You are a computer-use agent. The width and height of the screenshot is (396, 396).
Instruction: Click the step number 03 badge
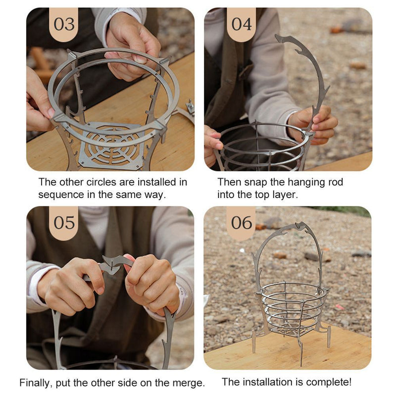[x=64, y=24]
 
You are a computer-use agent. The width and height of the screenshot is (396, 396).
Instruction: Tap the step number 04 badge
[x=242, y=24]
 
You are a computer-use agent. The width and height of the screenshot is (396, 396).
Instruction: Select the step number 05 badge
[x=64, y=222]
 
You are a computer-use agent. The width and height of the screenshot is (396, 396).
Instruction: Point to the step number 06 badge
[x=242, y=222]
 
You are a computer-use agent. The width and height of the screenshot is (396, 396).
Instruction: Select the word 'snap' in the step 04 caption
[x=255, y=182]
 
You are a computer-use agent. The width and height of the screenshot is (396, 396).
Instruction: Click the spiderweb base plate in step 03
[x=112, y=147]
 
